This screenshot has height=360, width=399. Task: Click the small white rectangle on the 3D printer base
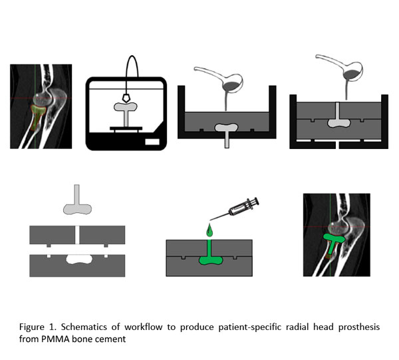point(152,141)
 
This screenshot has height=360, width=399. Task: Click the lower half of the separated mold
point(77,264)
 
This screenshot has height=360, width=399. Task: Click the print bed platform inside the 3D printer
point(124,126)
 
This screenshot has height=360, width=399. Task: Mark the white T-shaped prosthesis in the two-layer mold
point(338,119)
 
